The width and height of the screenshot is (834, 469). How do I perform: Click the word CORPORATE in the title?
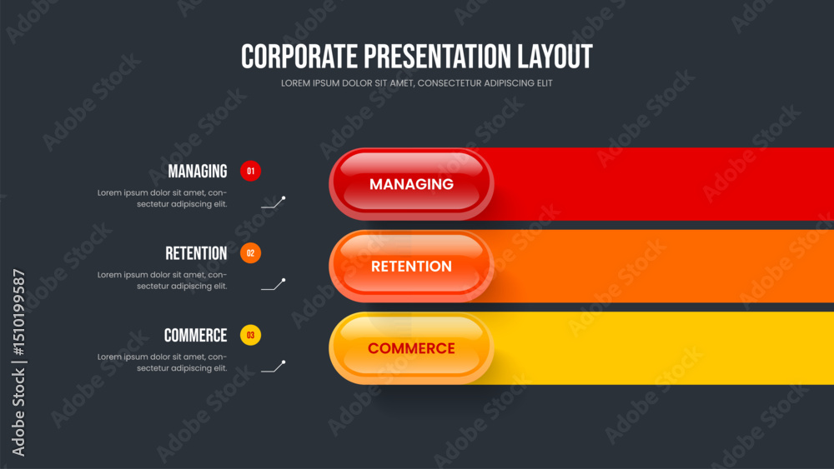299,57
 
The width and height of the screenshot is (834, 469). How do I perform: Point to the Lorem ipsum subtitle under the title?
416,83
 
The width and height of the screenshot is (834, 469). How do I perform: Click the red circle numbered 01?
250,171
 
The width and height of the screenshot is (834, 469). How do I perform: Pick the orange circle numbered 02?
250,252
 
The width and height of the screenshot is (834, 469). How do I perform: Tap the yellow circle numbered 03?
250,335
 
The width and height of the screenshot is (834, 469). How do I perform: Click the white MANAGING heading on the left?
198,171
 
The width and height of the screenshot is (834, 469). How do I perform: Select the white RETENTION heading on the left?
196,253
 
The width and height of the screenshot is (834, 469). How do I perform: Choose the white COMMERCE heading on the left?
195,336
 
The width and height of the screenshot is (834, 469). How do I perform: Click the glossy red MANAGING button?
411,184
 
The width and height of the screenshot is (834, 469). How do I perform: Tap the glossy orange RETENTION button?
411,266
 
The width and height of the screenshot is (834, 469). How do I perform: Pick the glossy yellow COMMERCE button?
411,348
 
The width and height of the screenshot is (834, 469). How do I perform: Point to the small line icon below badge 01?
274,202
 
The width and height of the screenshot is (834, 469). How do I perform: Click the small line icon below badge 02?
274,285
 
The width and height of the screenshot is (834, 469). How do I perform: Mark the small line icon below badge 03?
274,367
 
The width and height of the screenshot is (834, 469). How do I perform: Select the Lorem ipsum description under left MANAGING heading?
163,198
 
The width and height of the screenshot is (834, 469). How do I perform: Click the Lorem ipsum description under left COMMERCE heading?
163,362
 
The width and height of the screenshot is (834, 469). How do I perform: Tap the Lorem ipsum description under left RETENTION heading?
163,281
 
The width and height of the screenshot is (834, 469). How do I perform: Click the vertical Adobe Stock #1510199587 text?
18,362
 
